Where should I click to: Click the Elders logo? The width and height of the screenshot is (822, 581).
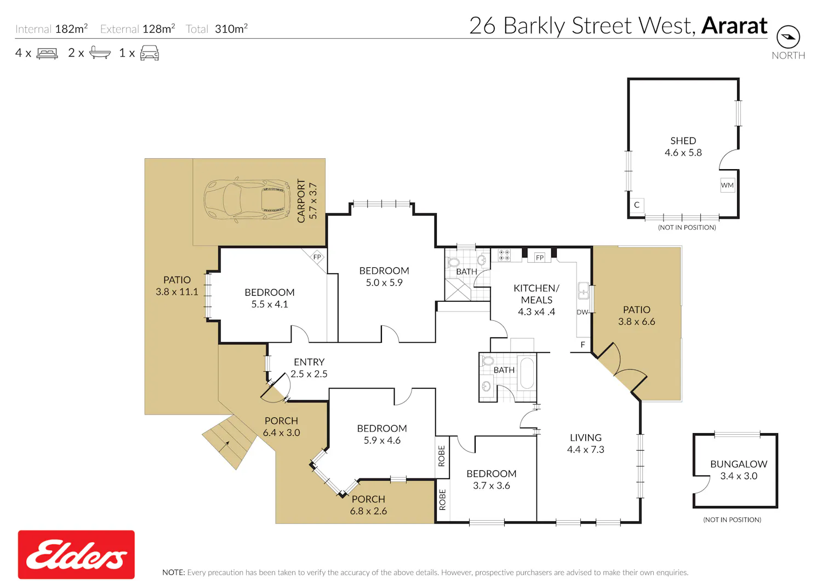76,554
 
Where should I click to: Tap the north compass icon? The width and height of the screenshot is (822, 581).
788,37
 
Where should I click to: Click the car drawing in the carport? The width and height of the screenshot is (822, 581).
247,200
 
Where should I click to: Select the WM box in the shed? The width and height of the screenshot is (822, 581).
727,185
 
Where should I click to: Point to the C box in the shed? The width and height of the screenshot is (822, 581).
637,205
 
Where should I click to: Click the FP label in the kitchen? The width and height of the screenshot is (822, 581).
539,257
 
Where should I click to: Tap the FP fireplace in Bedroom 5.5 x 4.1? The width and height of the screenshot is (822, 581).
317,257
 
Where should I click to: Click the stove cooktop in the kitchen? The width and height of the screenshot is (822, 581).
504,255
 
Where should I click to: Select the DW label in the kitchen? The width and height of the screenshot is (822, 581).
582,312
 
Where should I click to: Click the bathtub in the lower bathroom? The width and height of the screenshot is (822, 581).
527,373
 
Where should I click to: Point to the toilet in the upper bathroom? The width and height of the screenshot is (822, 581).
453,262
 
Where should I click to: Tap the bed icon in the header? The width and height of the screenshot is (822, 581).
47,54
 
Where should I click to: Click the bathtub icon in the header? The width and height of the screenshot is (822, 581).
100,53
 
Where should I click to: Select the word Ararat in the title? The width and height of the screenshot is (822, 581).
734,26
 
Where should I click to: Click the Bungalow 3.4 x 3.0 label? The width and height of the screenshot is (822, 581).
739,470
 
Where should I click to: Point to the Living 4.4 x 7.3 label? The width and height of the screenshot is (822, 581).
586,444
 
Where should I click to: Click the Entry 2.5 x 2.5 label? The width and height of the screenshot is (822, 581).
309,368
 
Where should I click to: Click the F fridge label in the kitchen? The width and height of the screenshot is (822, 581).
583,345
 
